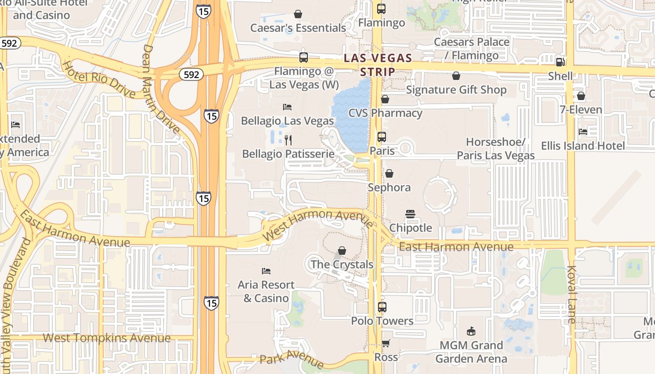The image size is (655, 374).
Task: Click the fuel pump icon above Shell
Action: tap(560, 62)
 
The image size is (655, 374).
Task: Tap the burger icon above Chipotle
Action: tap(410, 214)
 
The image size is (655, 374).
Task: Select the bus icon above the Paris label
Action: tap(382, 137)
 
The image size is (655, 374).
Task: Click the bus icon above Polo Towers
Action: tap(382, 307)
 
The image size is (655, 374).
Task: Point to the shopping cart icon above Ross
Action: tap(386, 344)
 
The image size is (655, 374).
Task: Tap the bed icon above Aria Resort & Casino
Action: tap(266, 271)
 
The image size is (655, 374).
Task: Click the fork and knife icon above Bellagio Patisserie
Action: tap(288, 140)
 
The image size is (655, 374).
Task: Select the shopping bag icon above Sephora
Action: tap(389, 174)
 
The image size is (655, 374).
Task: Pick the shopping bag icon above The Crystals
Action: tap(342, 251)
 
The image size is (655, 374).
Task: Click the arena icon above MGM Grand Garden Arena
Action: tap(471, 331)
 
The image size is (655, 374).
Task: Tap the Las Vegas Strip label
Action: tap(378, 65)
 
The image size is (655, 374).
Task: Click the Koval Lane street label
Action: tap(572, 295)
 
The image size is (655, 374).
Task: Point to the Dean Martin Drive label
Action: tap(161, 89)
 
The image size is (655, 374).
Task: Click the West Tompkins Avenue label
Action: tap(107, 338)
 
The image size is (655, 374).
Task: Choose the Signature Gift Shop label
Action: tap(456, 90)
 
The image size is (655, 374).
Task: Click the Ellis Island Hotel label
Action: tap(583, 146)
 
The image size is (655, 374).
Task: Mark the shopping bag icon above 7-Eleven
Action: tap(581, 96)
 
